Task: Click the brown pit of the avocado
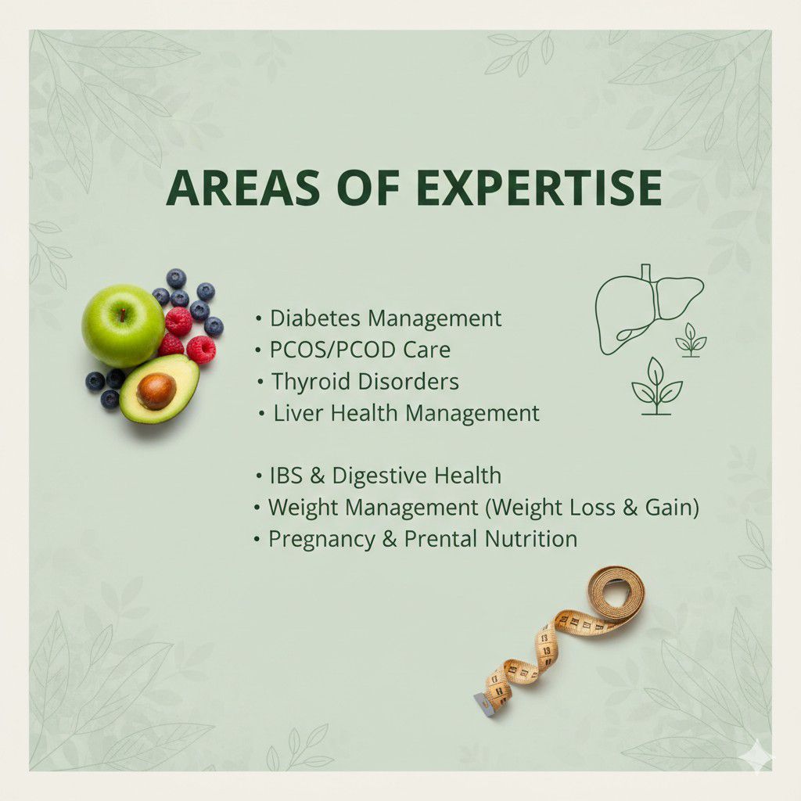(156, 390)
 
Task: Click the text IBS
(284, 476)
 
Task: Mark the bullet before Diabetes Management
(259, 320)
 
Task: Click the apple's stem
(122, 315)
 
